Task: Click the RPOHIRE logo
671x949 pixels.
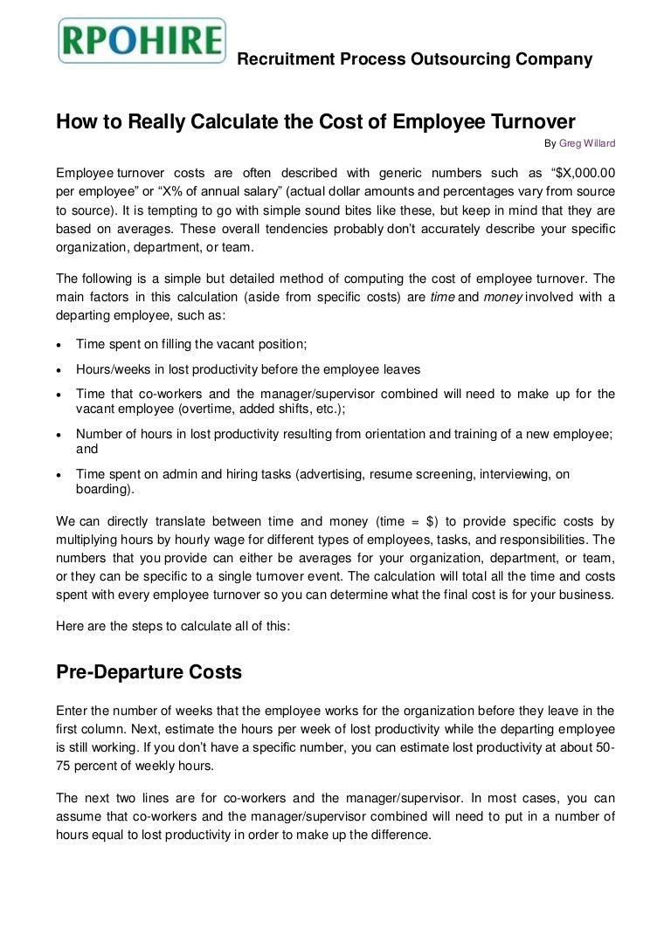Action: click(x=142, y=40)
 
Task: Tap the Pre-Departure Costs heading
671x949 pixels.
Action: click(x=149, y=672)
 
